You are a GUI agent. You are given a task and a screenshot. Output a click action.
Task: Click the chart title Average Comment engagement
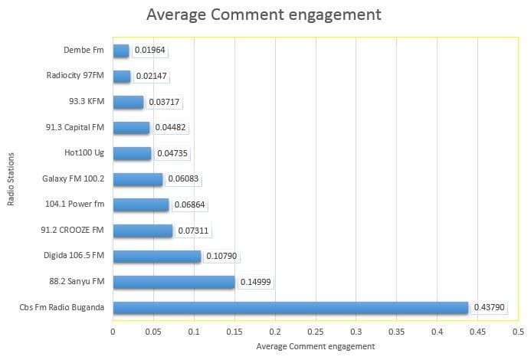tap(264, 15)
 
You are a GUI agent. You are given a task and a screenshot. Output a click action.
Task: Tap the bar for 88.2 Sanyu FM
tap(173, 282)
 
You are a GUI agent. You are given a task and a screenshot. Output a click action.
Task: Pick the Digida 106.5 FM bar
tap(156, 257)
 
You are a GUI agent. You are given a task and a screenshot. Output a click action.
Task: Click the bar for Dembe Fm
tap(121, 51)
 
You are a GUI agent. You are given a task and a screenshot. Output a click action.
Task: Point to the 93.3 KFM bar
tap(128, 102)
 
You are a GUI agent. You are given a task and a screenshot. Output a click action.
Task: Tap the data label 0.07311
tap(194, 231)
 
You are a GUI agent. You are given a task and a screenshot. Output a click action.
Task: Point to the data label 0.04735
tap(172, 153)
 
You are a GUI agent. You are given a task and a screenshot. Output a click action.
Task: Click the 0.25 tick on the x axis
tap(315, 332)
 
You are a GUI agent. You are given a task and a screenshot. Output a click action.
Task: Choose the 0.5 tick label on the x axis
tap(518, 332)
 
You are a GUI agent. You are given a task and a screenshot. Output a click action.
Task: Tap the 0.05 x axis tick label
tap(153, 332)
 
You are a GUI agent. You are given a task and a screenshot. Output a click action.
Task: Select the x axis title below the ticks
tap(315, 346)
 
